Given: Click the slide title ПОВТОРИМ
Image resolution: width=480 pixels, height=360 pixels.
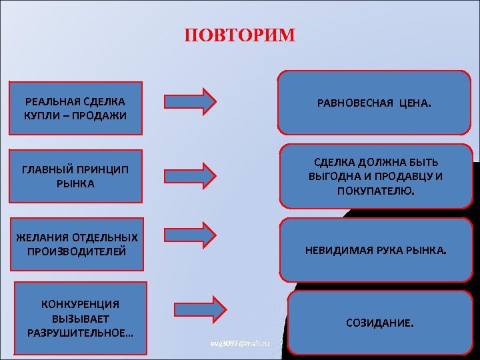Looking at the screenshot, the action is click(x=239, y=35).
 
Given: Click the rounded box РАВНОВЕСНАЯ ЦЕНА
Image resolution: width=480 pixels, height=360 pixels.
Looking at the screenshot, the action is click(x=374, y=104).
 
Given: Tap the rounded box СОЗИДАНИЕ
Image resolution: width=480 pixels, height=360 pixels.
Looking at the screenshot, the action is click(x=379, y=323).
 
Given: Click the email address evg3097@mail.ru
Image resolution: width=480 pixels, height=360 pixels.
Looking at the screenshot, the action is click(x=239, y=343).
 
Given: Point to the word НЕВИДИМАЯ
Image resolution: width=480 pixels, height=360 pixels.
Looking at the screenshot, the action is click(x=334, y=251).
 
